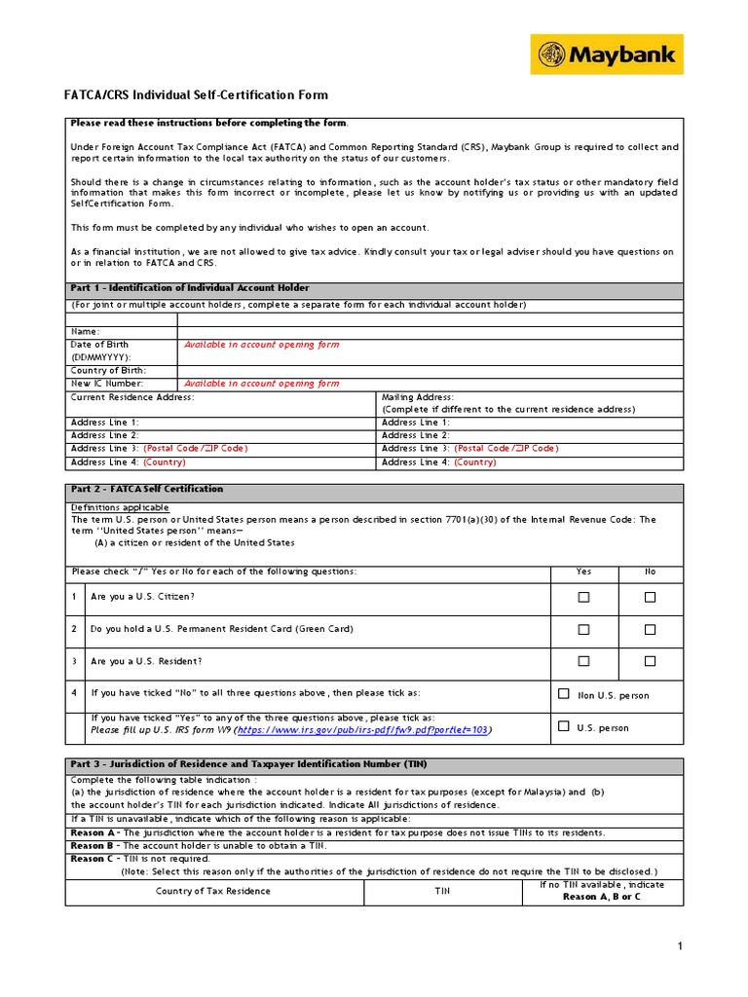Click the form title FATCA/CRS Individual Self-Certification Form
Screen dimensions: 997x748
pos(197,95)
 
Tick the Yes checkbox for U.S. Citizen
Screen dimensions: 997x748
pos(583,597)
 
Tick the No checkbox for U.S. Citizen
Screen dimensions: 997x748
pos(650,597)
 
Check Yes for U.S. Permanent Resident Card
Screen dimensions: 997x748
pos(583,629)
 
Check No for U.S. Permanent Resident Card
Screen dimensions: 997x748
pos(650,629)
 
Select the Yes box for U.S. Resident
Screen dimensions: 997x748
pos(583,661)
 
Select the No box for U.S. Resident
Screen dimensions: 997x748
pos(650,661)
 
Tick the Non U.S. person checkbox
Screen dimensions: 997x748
pos(564,694)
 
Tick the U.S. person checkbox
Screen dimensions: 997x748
pos(564,726)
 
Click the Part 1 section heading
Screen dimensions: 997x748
pos(190,287)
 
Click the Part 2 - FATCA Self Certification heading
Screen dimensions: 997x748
pos(147,489)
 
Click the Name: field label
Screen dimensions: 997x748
pos(86,332)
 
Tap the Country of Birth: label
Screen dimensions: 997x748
pos(108,370)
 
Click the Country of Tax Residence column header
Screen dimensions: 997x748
pos(213,891)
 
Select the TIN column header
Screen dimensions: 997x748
pos(442,891)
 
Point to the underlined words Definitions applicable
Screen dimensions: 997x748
pos(120,507)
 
